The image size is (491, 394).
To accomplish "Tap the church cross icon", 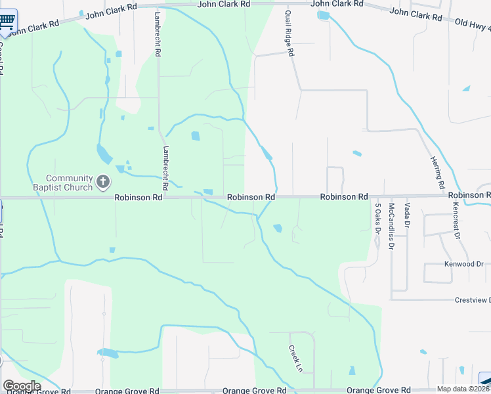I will (x=102, y=182).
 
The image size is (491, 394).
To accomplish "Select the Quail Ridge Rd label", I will (x=289, y=33).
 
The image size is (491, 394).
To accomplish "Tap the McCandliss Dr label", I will (x=391, y=227).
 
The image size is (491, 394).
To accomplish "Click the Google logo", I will (x=21, y=385).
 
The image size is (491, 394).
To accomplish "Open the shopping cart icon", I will (x=7, y=20).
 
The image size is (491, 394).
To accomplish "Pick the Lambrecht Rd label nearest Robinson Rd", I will (x=166, y=168).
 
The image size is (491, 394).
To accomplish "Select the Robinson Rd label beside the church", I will (x=138, y=197).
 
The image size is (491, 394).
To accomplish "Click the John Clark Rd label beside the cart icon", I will (x=35, y=27).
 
